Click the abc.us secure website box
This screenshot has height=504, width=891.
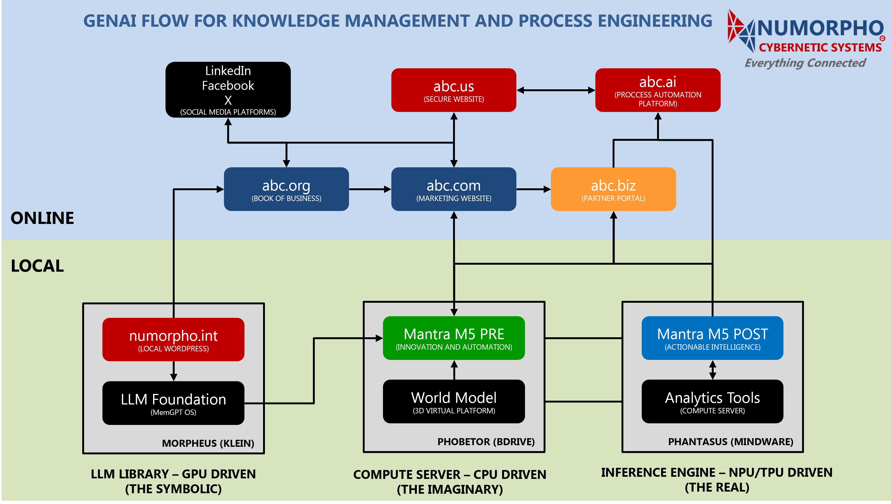click(454, 90)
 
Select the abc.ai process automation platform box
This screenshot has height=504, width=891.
click(658, 90)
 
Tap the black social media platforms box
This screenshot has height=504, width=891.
click(228, 90)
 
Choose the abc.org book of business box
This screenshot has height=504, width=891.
click(286, 189)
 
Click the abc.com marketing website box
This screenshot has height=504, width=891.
click(454, 189)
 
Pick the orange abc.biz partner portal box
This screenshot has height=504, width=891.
click(613, 189)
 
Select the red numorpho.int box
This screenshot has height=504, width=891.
click(173, 340)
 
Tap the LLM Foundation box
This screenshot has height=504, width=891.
click(173, 403)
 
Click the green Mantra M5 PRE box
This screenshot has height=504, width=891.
click(454, 338)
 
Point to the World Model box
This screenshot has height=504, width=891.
click(454, 401)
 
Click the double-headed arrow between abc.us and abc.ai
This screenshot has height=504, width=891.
click(556, 90)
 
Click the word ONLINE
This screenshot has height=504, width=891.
click(42, 218)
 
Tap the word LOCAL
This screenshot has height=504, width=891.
click(37, 266)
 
